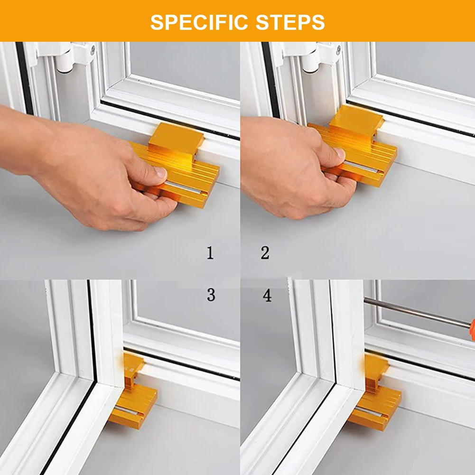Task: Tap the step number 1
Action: pos(210,253)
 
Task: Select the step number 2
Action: pos(265,253)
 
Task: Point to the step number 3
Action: pos(211,295)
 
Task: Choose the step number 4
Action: pos(267,295)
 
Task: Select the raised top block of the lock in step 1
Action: pos(176,139)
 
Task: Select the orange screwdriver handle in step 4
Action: pos(471,327)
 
